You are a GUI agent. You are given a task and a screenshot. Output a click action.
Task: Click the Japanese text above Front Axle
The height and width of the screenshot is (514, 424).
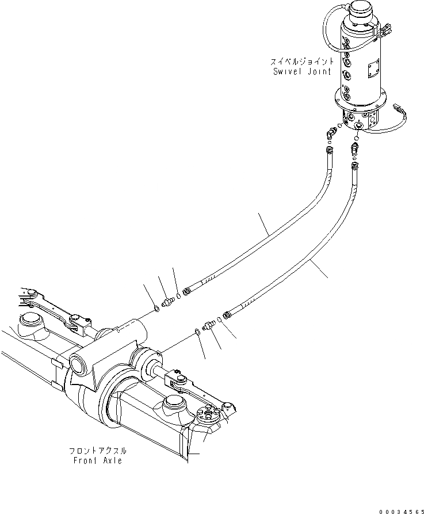[96, 452]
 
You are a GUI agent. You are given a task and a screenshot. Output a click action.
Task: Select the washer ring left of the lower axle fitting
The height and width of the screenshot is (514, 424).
[197, 331]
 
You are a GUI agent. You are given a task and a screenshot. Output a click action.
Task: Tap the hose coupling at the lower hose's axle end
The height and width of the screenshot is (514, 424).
[227, 314]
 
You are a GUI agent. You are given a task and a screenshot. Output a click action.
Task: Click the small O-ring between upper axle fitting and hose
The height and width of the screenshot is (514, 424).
[179, 296]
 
